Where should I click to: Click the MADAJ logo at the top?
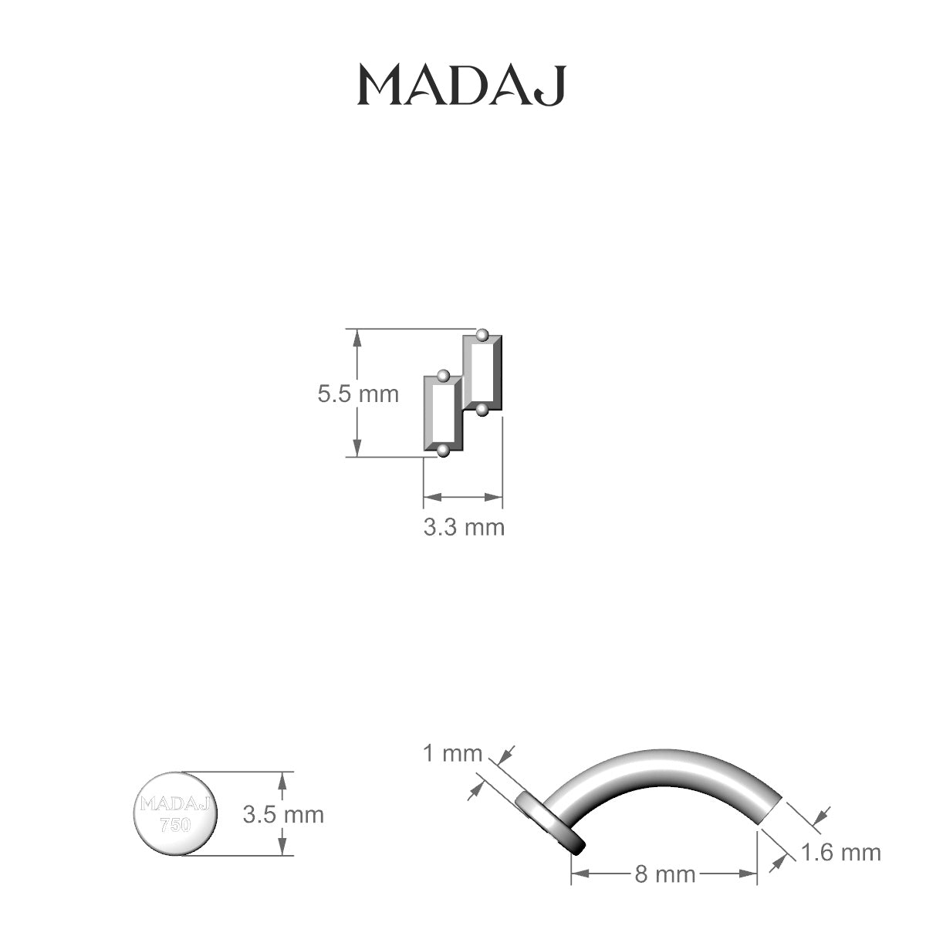click(x=461, y=86)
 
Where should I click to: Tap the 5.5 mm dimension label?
click(x=359, y=394)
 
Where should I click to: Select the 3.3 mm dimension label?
click(x=465, y=527)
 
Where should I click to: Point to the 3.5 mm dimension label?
click(x=283, y=814)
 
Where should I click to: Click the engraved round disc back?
click(x=175, y=814)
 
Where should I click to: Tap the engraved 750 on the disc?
click(x=175, y=825)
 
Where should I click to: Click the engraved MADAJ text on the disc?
click(x=175, y=803)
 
